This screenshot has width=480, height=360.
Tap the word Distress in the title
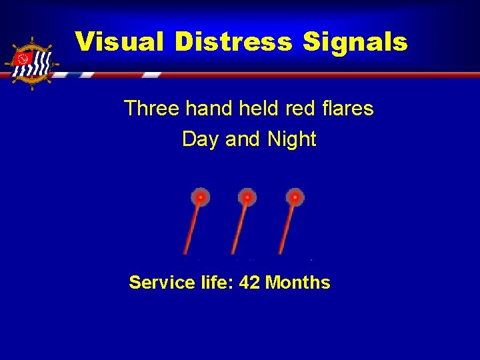pyautogui.click(x=233, y=42)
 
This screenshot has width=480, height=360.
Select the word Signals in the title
pyautogui.click(x=355, y=42)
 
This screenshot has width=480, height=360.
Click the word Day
pyautogui.click(x=201, y=139)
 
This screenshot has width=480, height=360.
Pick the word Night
pyautogui.click(x=291, y=139)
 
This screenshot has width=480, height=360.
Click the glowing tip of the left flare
pyautogui.click(x=200, y=197)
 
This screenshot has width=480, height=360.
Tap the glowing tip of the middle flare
pyautogui.click(x=247, y=197)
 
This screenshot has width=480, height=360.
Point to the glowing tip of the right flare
pyautogui.click(x=295, y=197)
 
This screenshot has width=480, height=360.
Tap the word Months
pyautogui.click(x=297, y=283)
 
